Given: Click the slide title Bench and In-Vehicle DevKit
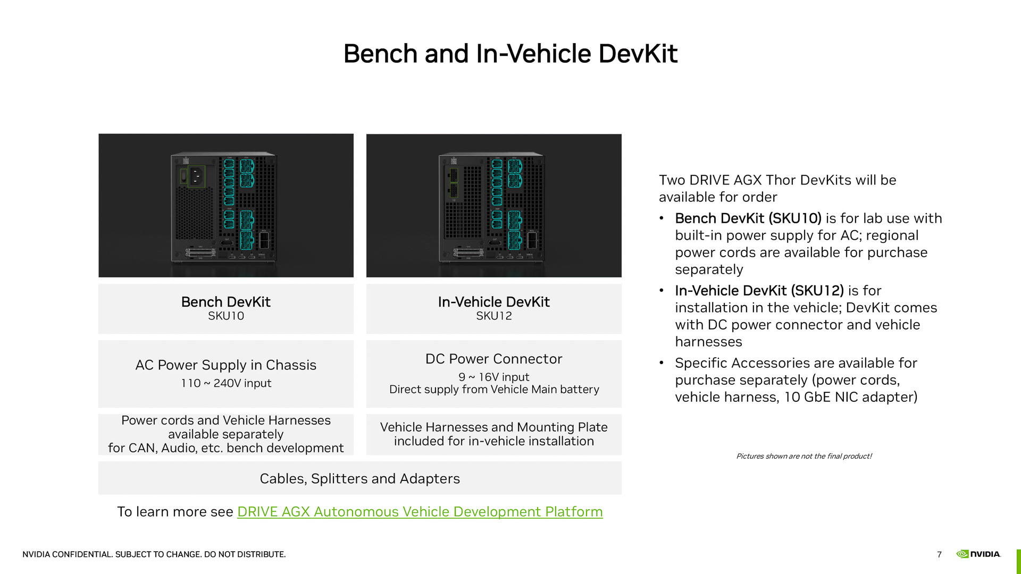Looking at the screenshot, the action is (x=510, y=54).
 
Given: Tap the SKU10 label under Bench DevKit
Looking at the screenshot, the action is (x=226, y=316).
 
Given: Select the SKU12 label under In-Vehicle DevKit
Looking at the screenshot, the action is (x=494, y=316).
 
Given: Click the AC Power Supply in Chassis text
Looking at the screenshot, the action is (x=226, y=365).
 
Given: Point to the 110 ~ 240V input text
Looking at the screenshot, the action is (x=226, y=383).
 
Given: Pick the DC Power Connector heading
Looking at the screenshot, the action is (x=494, y=359).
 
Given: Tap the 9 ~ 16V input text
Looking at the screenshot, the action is (x=494, y=377).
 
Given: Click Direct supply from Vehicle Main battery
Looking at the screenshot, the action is (x=494, y=390).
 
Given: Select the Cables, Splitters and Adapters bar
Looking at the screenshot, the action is (x=360, y=478).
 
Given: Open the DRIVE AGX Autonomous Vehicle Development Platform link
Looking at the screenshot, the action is (x=420, y=512).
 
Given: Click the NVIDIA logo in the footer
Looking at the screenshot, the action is (x=978, y=554).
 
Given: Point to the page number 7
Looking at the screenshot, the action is (x=940, y=554).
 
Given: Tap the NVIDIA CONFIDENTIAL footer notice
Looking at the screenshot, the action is (x=154, y=554).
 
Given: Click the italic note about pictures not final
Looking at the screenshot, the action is (x=804, y=456).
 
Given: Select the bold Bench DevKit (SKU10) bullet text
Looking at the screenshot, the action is (x=748, y=218).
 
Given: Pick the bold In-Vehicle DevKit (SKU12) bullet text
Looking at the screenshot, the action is (x=759, y=291).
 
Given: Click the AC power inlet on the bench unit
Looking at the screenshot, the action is (x=196, y=176).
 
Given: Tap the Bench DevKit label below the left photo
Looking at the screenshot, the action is (x=226, y=302).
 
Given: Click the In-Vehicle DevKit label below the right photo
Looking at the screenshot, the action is (x=494, y=302).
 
